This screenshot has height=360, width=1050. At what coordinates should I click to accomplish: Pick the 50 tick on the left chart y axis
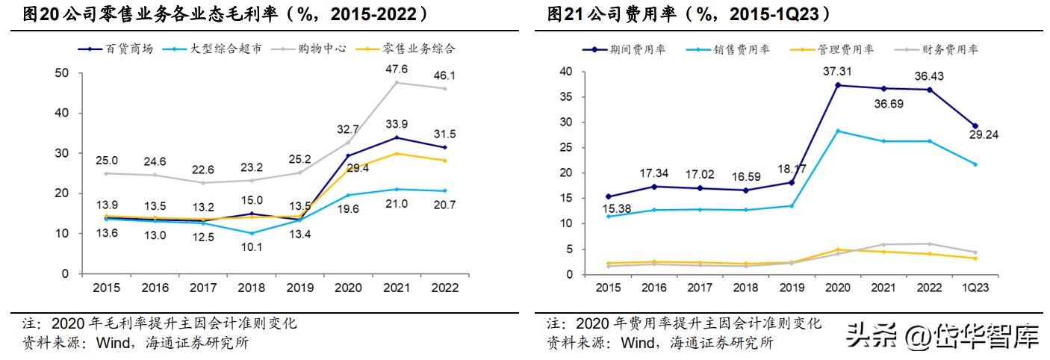click(63, 72)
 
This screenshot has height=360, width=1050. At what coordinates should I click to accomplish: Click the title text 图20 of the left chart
click(37, 13)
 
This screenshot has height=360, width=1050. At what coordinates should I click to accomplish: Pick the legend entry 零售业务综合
click(419, 49)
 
